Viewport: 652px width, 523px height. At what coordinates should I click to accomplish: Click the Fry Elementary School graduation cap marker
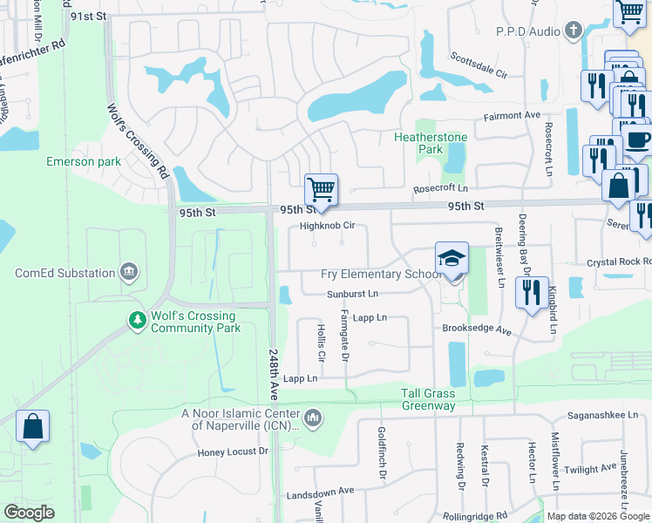click(x=452, y=260)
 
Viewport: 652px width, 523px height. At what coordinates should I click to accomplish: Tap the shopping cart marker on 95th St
click(x=321, y=190)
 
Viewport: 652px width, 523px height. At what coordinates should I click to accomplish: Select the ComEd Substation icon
click(x=129, y=273)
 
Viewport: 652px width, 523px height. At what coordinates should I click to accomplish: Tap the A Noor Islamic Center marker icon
click(x=314, y=419)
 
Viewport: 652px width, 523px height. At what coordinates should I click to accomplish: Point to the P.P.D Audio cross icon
click(x=573, y=31)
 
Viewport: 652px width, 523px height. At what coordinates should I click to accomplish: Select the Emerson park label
click(x=84, y=162)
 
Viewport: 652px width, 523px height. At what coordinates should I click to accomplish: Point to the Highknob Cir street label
click(x=327, y=226)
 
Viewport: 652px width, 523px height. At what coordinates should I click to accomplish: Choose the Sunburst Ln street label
click(x=352, y=295)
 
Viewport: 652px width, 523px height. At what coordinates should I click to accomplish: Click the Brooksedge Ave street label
click(x=476, y=331)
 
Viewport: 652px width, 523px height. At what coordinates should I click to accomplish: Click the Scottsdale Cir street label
click(x=479, y=66)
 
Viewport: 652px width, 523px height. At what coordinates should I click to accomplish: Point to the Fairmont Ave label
click(x=513, y=115)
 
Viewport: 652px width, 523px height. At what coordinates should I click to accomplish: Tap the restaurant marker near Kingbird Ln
click(x=531, y=293)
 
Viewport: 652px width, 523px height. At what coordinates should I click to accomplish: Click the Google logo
click(x=29, y=513)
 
